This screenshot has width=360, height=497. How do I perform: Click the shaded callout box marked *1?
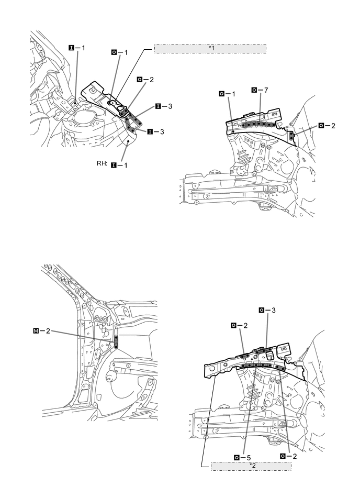[x=210, y=49]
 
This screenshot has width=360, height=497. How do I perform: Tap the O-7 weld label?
[x=260, y=91]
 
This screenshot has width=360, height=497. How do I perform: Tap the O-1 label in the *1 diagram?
[x=120, y=53]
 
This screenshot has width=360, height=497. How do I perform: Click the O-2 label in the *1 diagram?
[x=145, y=79]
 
